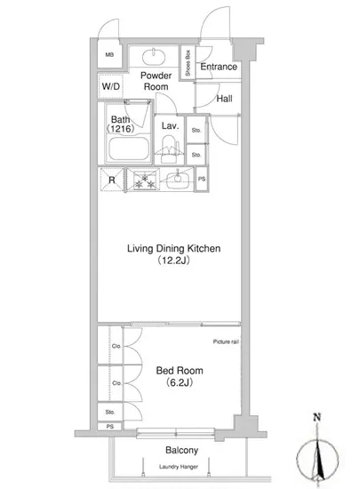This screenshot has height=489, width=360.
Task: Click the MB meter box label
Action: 109,55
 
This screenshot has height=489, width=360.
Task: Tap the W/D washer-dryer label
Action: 110,86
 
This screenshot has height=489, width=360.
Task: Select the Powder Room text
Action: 156,81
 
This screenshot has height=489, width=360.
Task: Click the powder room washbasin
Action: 154,57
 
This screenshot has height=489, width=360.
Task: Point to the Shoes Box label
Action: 188,63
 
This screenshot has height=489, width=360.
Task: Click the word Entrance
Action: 219,67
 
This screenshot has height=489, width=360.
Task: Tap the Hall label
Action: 224,99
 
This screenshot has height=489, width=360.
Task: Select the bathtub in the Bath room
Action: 128,148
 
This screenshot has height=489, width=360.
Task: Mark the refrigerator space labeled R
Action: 112,180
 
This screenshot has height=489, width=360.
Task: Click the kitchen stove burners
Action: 144,180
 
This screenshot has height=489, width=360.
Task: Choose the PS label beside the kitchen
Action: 202,179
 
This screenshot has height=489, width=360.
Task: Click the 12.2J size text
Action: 173,261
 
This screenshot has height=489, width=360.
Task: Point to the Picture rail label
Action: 226,341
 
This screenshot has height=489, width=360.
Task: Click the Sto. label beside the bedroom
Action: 109,412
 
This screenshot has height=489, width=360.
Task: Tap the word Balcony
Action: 181,450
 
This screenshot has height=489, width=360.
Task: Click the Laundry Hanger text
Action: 179,467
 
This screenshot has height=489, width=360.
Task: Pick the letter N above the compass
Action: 317,417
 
